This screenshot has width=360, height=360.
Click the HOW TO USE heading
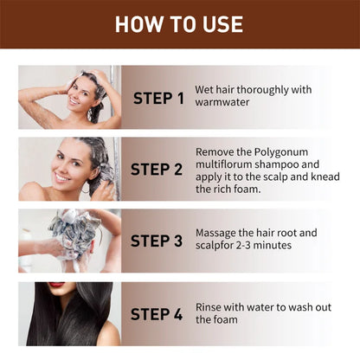click(x=179, y=23)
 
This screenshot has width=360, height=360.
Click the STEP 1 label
click(x=157, y=98)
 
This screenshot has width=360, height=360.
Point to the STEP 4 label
click(x=157, y=313)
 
